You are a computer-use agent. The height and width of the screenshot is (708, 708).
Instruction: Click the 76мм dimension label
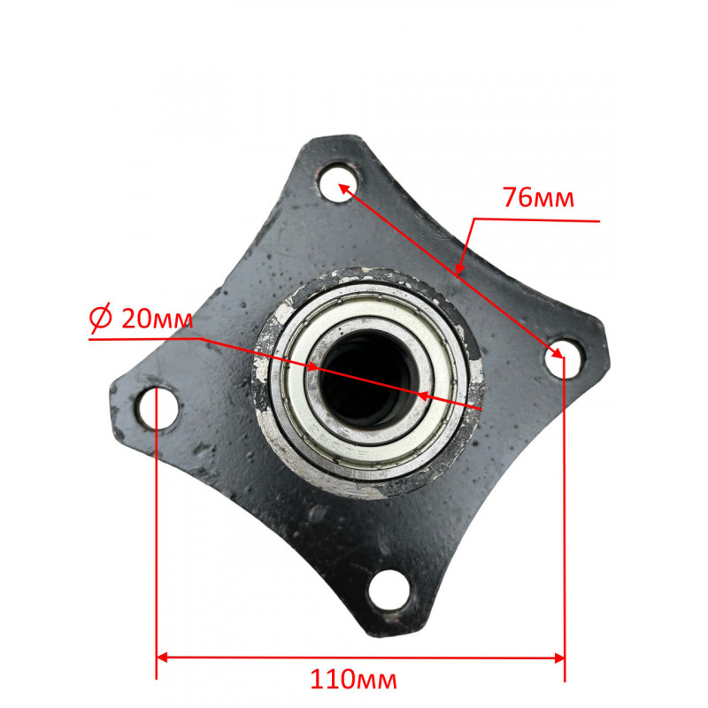click(538, 197)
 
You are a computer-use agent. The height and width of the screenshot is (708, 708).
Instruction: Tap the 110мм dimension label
click(354, 680)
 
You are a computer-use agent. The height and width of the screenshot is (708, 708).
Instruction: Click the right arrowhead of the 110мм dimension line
click(558, 658)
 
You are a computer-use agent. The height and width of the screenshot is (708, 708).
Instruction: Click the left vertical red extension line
click(157, 531)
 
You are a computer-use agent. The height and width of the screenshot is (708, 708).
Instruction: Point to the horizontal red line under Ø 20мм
click(142, 336)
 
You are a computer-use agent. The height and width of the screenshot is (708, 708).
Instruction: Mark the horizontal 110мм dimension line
click(354, 658)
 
